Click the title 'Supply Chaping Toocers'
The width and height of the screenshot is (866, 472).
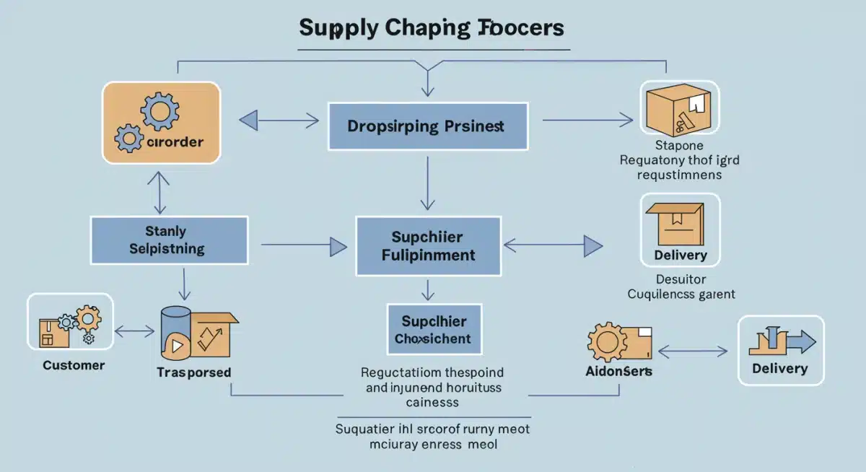pyautogui.click(x=432, y=28)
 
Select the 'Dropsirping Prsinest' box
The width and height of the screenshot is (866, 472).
pyautogui.click(x=428, y=126)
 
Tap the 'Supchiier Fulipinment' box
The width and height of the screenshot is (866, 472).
pyautogui.click(x=428, y=245)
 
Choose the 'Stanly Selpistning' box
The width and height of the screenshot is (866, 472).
pyautogui.click(x=169, y=240)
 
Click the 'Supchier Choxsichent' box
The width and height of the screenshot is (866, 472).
pyautogui.click(x=433, y=330)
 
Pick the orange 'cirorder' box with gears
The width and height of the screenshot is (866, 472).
pyautogui.click(x=161, y=122)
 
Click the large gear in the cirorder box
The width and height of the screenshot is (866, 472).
pyautogui.click(x=160, y=112)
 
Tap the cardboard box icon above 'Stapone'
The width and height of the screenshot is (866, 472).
pyautogui.click(x=678, y=110)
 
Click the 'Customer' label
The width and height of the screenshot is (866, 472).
pyautogui.click(x=74, y=365)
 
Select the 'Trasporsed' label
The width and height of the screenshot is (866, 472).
pyautogui.click(x=193, y=372)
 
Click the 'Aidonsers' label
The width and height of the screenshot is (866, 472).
pyautogui.click(x=619, y=371)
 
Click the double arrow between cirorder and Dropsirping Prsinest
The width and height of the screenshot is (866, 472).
pyautogui.click(x=279, y=121)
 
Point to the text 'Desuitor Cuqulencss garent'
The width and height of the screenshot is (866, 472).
pyautogui.click(x=681, y=287)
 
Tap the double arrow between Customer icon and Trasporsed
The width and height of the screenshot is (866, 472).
pyautogui.click(x=135, y=332)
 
